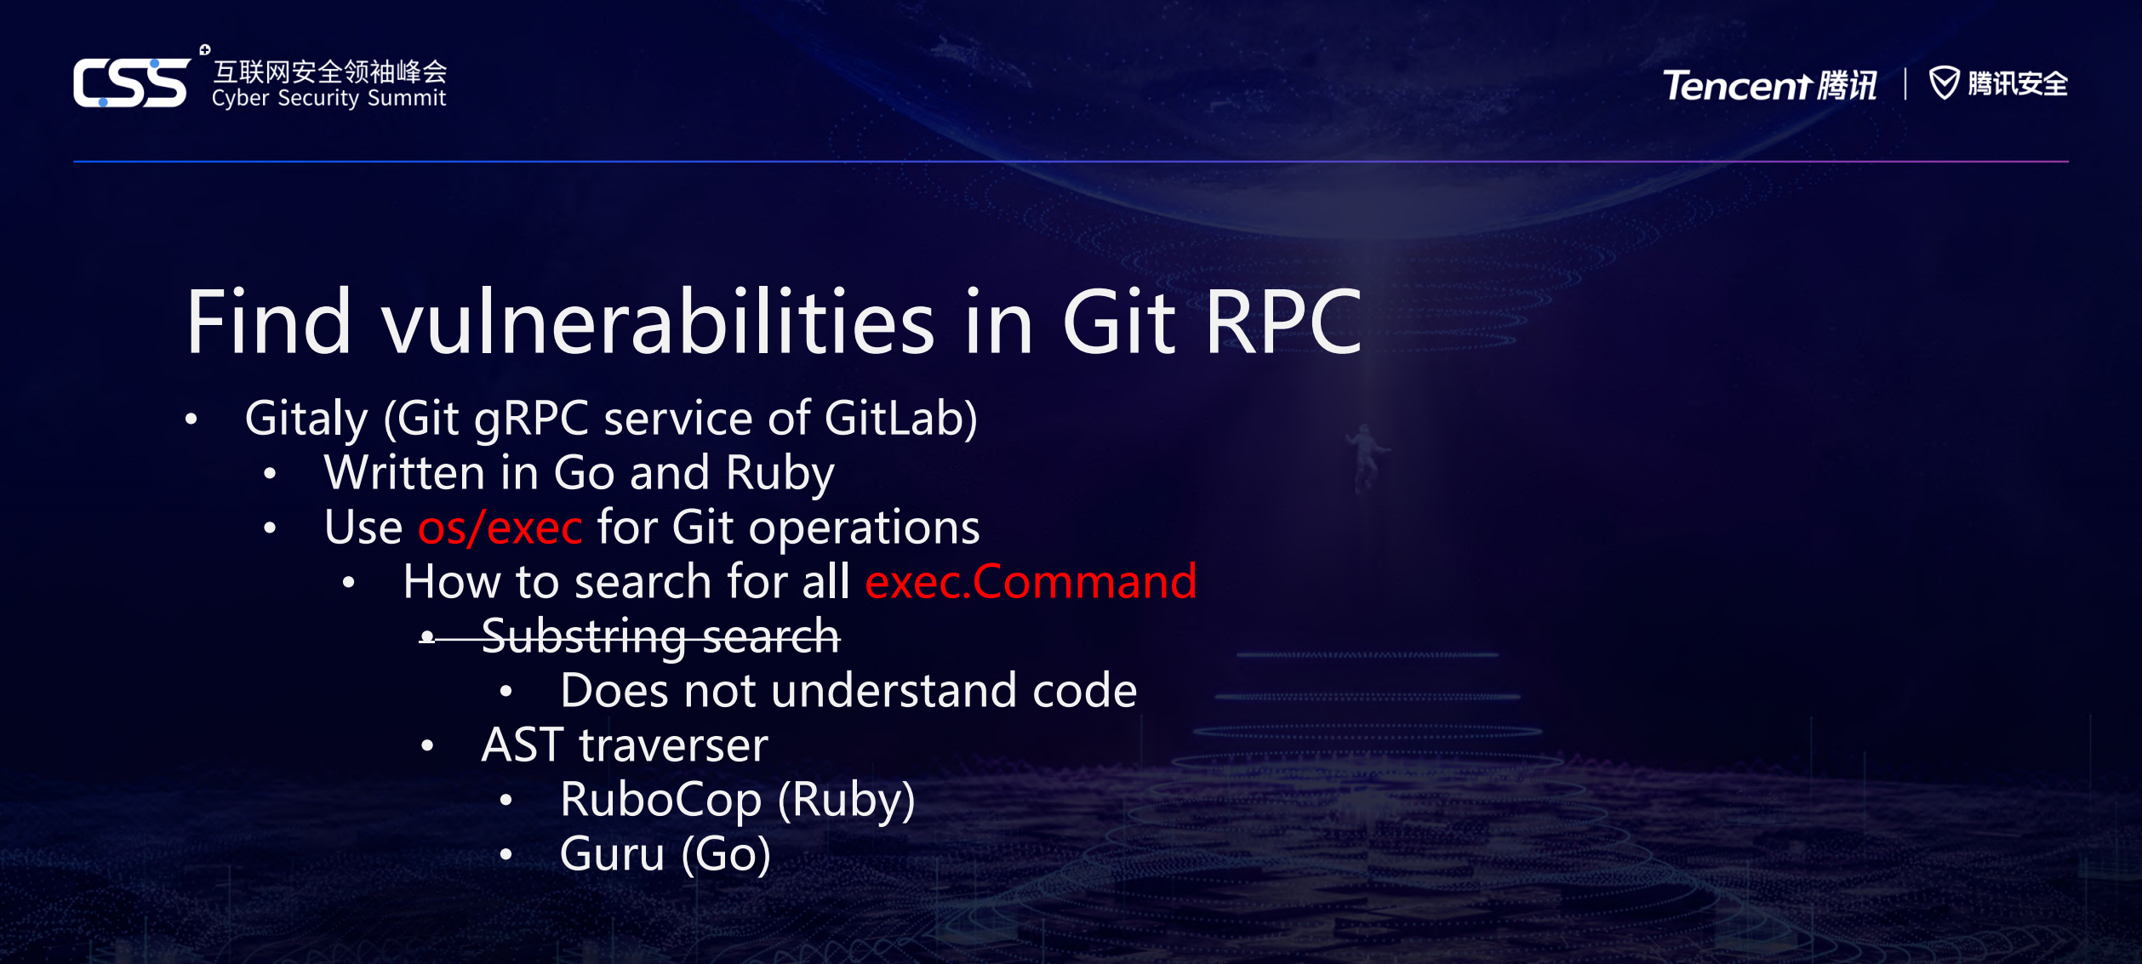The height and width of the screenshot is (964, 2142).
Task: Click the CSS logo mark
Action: [x=133, y=83]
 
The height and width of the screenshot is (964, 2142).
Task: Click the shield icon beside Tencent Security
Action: [x=1944, y=83]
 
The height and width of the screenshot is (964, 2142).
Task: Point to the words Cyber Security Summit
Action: [x=328, y=99]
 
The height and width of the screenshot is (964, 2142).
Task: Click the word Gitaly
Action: [x=306, y=419]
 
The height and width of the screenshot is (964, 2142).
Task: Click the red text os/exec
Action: [x=500, y=528]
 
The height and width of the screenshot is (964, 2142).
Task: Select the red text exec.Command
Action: [x=1031, y=582]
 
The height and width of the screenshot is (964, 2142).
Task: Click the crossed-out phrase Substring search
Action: [x=660, y=637]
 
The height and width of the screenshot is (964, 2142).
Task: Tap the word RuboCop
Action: [x=661, y=800]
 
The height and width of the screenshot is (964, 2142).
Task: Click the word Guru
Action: [x=612, y=854]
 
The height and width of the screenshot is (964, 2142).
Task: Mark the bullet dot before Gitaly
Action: [x=191, y=419]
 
